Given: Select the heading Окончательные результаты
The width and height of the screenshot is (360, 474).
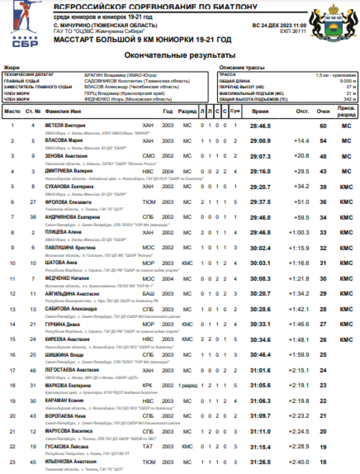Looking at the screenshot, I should [x=173, y=55].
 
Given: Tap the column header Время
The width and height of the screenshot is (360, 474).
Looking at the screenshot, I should [x=260, y=111].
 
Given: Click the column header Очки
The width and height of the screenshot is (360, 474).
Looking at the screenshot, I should [x=323, y=111].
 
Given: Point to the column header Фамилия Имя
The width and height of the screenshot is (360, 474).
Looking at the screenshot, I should [x=62, y=111].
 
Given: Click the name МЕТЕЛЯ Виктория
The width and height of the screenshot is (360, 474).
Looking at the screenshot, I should [x=65, y=125].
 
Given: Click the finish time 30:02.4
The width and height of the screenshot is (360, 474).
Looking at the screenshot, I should [x=260, y=248].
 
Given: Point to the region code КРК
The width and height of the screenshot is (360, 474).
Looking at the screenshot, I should [x=148, y=386].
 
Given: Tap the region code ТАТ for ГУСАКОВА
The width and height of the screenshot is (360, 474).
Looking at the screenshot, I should [x=148, y=447].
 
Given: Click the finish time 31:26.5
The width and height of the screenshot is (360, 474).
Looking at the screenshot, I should [x=260, y=462].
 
